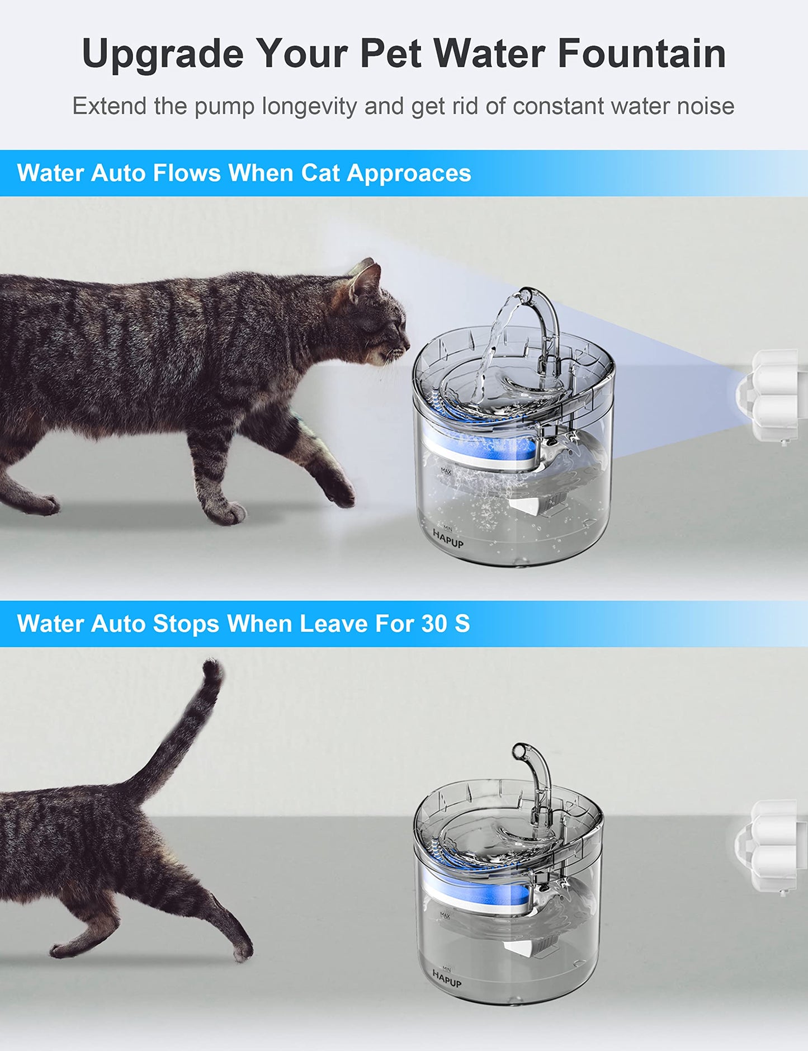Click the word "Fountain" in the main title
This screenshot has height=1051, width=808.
[641, 54]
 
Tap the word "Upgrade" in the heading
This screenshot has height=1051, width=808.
[163, 55]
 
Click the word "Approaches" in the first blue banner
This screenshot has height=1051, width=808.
[409, 173]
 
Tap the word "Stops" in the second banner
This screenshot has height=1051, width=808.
[186, 624]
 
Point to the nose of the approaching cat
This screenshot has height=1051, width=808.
[407, 341]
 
